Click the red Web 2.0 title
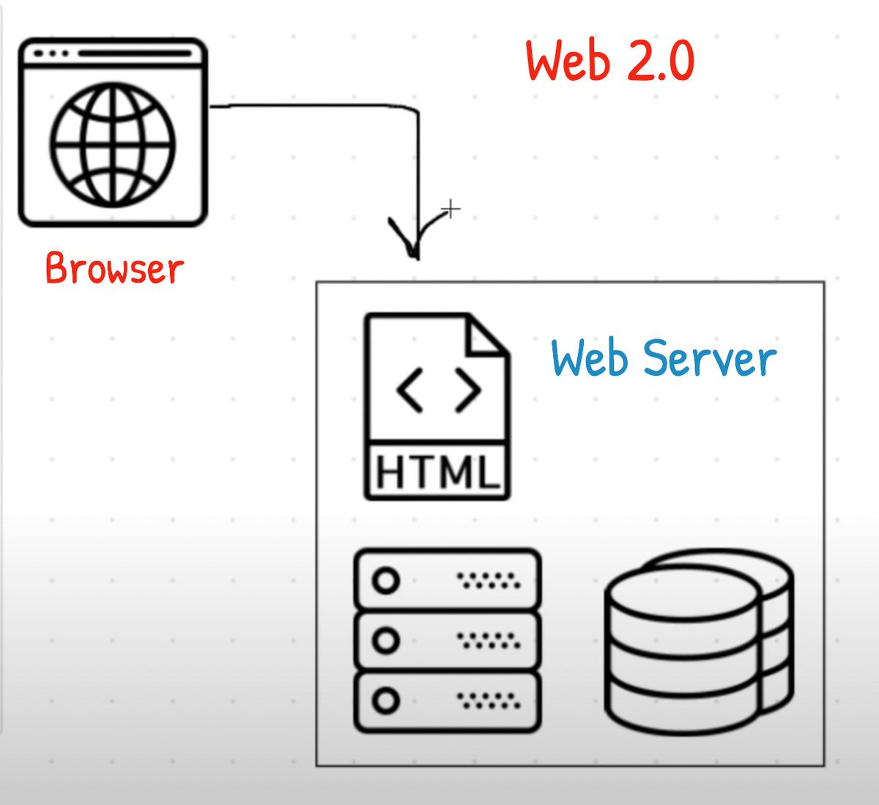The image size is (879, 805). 609,62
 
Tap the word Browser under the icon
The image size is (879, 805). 114,269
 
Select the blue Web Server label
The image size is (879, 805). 663,358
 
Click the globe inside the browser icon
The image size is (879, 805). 113,144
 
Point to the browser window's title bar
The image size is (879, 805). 113,54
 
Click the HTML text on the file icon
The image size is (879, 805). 437,471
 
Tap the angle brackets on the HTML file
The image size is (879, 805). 438,390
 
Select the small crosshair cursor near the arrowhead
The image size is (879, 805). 452,210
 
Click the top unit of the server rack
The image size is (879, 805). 448,580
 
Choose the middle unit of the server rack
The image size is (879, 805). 448,640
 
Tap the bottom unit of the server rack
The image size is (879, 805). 448,701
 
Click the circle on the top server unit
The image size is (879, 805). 386,581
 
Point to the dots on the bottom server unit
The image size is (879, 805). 489,701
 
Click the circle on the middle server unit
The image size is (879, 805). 386,641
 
